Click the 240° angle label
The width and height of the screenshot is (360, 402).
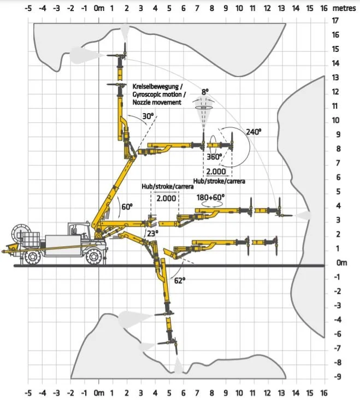coord(254,132)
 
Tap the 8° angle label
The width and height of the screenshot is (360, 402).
coord(204,92)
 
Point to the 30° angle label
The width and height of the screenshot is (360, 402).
coord(148,116)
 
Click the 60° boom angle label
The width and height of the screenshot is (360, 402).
coord(127,206)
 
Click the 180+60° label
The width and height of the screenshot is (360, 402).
coord(210,197)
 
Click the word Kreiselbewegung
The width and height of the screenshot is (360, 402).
coord(158,86)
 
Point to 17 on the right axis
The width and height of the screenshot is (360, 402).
coord(336,20)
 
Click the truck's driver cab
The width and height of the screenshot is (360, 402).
coord(77,232)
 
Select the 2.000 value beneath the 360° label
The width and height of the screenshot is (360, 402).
coord(215,170)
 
